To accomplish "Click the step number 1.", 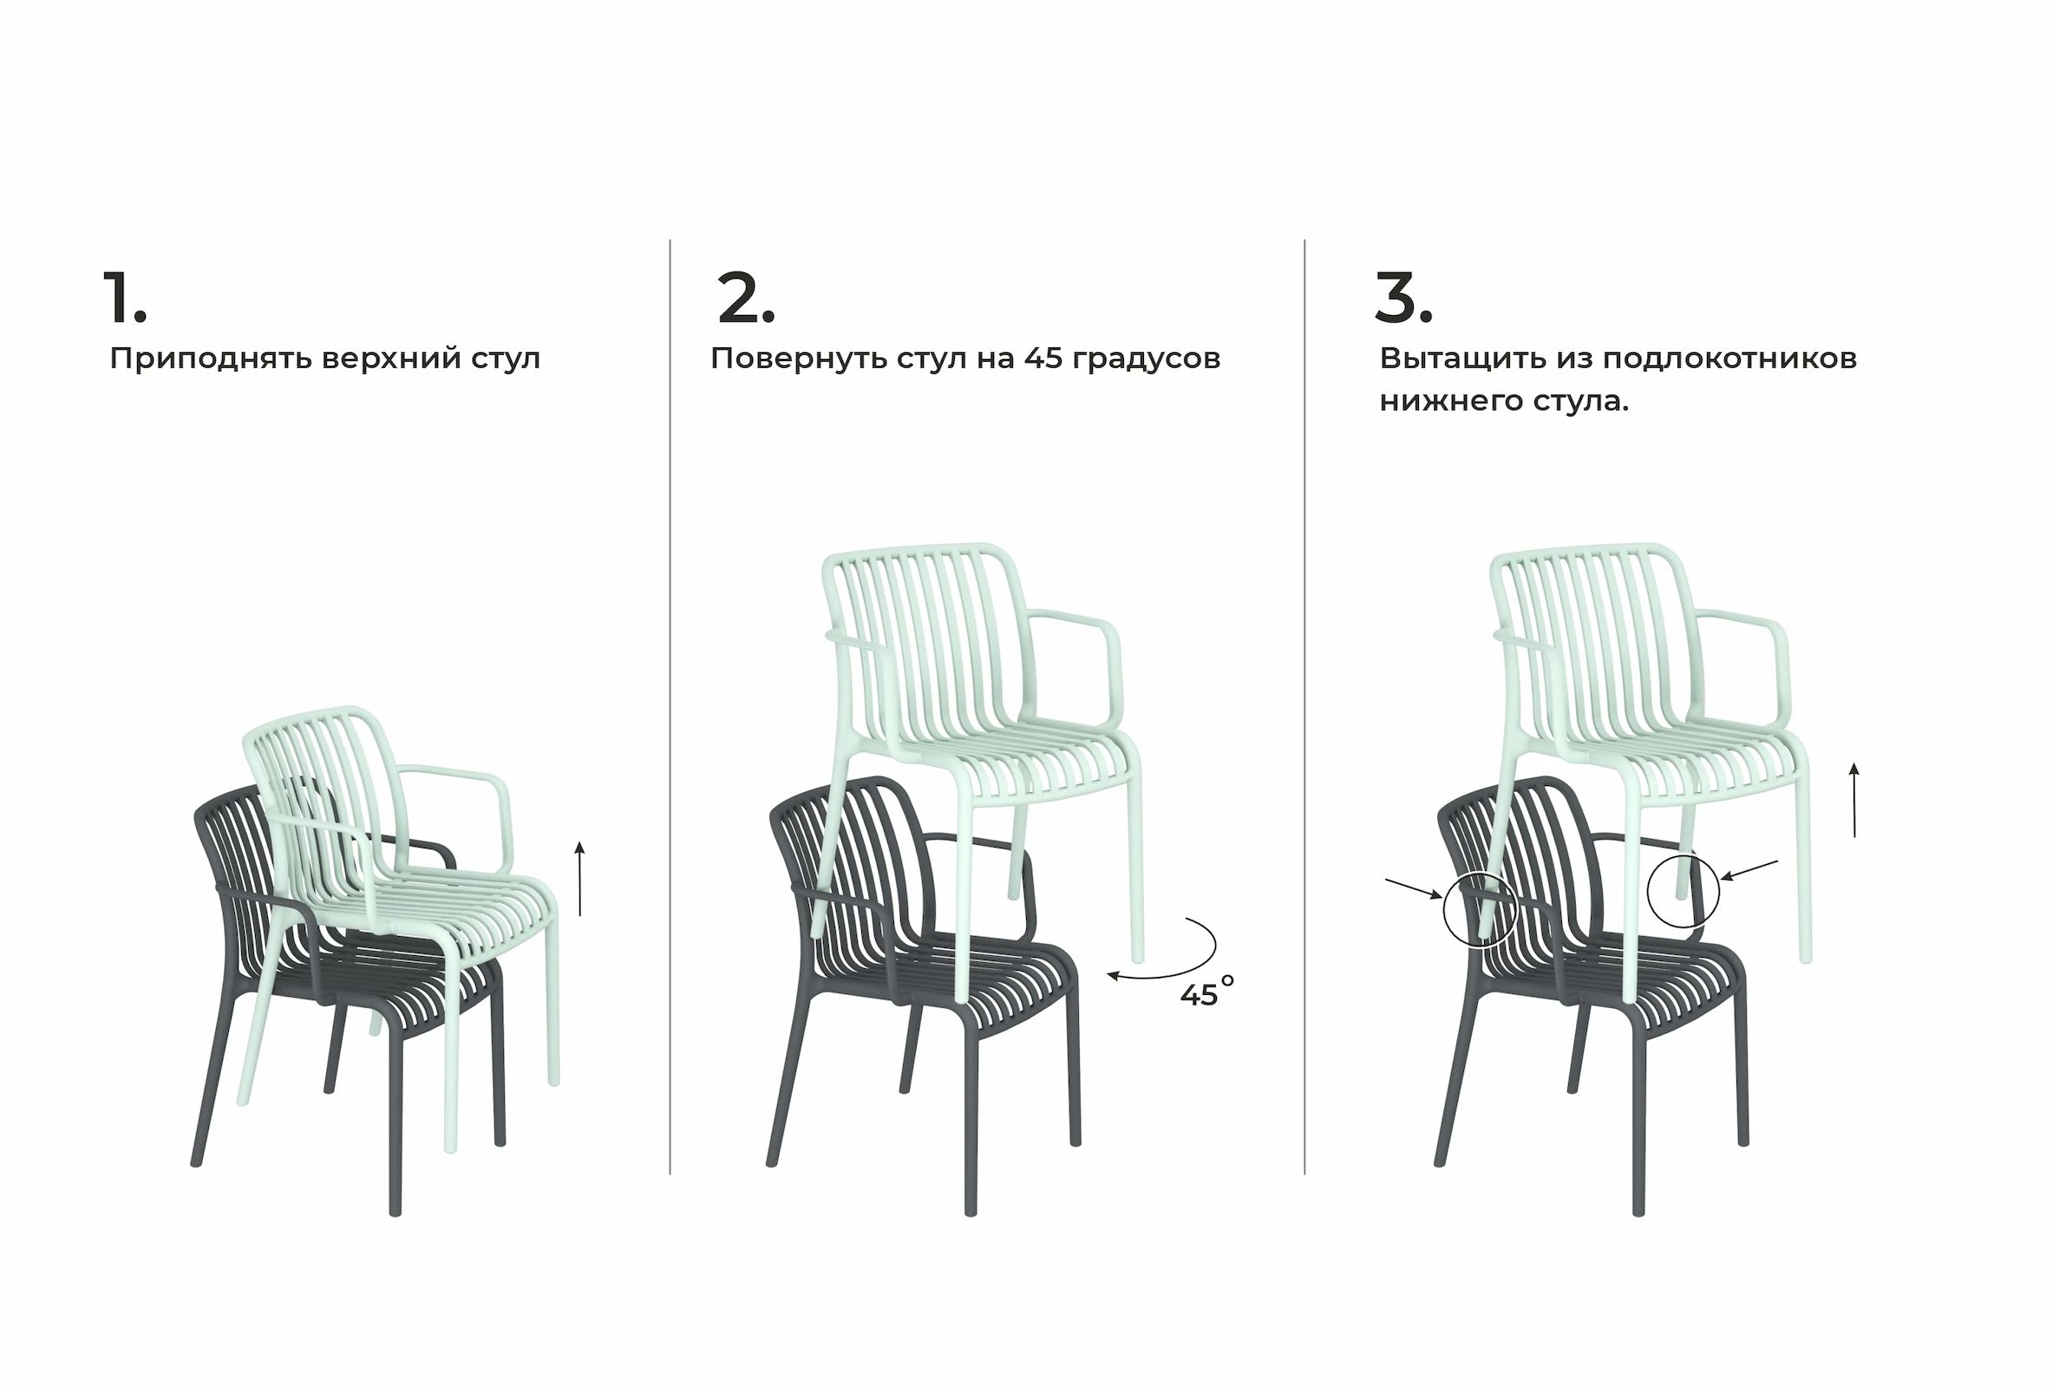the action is [125, 298].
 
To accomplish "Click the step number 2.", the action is [747, 298].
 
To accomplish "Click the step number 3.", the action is [1403, 298].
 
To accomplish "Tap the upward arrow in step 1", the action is [579, 879].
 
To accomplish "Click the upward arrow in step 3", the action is [1854, 800].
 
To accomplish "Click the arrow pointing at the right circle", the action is [1750, 869].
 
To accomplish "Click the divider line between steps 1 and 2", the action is [670, 707].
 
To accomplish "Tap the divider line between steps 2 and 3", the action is [1304, 707].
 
